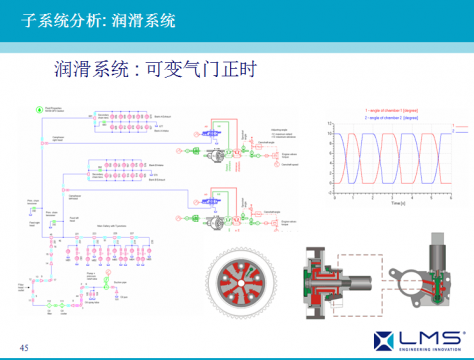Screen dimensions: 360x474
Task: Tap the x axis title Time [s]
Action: point(395,203)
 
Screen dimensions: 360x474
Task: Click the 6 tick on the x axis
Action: point(453,197)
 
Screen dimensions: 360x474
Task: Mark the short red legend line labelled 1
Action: point(459,124)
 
